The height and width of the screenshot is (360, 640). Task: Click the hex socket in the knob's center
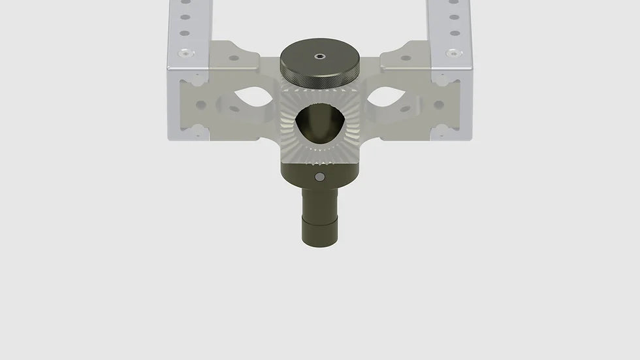319,56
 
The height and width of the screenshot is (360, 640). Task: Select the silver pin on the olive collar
319,177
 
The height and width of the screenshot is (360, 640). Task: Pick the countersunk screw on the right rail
452,52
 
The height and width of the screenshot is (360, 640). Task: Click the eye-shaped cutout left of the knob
253,98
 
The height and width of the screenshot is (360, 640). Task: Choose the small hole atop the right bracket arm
406,57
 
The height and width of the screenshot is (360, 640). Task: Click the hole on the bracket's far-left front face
201,105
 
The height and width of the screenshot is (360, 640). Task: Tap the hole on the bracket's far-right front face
439,105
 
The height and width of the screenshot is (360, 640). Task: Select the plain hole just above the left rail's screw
185,32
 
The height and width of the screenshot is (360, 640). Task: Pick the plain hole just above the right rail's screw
452,32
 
